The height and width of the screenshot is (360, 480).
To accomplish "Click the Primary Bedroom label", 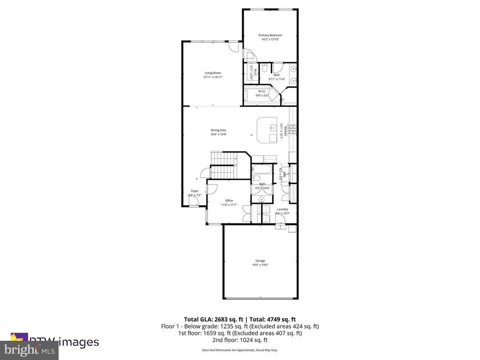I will tap(270, 35).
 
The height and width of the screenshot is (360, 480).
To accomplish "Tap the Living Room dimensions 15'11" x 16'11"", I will tap(213, 77).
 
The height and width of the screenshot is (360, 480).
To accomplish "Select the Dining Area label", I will tap(219, 130).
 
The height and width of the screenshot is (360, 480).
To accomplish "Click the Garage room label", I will tap(260, 261).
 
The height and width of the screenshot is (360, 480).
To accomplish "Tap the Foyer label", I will tap(195, 191).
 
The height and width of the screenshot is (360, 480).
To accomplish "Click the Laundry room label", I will tap(282, 209).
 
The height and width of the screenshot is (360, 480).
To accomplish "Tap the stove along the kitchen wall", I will tap(293, 130).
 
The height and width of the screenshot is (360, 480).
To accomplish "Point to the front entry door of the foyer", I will tap(194, 202).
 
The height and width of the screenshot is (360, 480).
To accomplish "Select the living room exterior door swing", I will tap(233, 47).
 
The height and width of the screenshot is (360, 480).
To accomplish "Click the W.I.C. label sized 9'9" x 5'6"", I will tap(262, 94).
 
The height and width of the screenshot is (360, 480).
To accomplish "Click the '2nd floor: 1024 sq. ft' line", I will tap(240, 340).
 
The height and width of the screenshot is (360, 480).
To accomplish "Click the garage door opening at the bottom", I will tap(260, 298).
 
